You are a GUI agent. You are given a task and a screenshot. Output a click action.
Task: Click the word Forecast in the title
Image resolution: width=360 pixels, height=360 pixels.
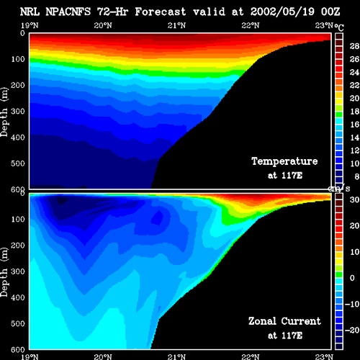(161, 12)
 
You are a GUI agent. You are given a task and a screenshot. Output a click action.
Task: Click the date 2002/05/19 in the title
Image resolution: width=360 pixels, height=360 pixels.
(282, 12)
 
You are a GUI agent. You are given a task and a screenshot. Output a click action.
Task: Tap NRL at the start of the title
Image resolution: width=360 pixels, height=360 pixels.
(30, 12)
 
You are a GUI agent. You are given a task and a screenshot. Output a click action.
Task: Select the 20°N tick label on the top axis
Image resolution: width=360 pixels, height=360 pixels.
(103, 25)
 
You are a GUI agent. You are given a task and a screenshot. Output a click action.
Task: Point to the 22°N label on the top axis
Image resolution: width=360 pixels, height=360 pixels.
(251, 25)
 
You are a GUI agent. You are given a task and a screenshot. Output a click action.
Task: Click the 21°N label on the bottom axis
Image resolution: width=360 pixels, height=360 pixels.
(176, 356)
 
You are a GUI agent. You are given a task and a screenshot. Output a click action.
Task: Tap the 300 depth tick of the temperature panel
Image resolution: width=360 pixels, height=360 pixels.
(18, 111)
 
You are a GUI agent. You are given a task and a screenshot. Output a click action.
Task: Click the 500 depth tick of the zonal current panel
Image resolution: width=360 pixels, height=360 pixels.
(18, 323)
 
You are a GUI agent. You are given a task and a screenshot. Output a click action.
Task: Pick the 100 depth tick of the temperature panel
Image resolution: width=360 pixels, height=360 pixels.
(18, 59)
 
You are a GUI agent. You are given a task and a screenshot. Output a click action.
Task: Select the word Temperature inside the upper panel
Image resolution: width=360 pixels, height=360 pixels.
(284, 161)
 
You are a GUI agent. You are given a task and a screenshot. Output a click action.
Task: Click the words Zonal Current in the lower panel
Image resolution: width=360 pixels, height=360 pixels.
(284, 321)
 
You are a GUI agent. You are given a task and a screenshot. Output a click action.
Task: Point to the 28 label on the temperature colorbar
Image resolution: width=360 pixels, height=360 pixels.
(354, 46)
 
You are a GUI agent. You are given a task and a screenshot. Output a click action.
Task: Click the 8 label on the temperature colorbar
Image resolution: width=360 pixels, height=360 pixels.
(357, 176)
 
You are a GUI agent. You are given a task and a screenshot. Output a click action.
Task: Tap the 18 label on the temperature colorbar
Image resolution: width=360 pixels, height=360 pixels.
(354, 112)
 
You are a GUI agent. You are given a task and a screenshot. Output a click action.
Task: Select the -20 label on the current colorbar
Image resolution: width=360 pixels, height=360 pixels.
(352, 330)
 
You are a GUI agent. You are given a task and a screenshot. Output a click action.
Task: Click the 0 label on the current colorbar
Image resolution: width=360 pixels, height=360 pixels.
(352, 278)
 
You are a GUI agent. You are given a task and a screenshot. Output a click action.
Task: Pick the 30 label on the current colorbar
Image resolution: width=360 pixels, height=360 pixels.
(354, 199)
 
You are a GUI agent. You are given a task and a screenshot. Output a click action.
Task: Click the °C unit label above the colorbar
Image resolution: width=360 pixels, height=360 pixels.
(339, 27)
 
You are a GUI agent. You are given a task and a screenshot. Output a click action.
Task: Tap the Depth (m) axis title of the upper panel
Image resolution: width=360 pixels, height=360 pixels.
(4, 112)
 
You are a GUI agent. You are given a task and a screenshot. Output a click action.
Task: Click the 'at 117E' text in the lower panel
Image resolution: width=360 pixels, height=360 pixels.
(285, 336)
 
